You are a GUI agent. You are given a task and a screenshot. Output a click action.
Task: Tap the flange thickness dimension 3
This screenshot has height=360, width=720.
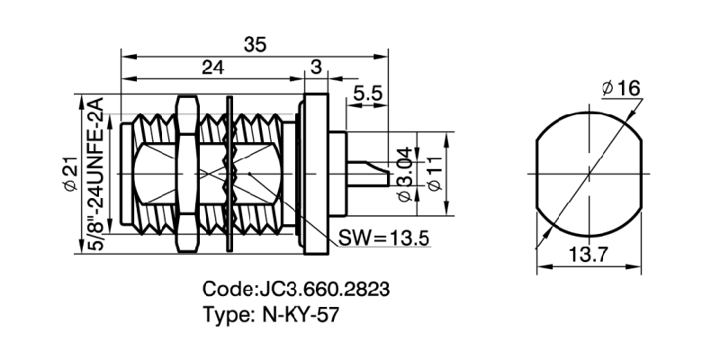tap(316, 67)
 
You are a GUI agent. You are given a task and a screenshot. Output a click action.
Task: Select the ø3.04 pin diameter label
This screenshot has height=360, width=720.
tap(404, 177)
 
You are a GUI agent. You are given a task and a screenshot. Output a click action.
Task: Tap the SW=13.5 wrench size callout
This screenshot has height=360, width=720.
tap(382, 238)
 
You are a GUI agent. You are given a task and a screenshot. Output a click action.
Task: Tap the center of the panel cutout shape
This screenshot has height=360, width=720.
tap(590, 172)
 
